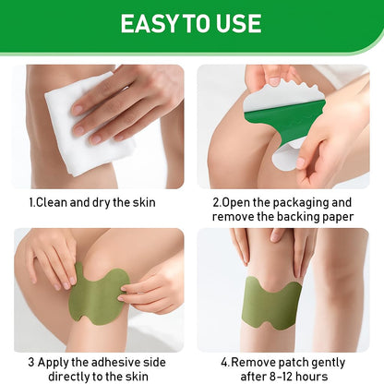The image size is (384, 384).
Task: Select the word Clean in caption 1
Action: [52, 202]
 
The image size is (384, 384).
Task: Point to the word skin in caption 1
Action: [144, 202]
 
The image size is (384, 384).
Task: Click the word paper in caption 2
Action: [338, 218]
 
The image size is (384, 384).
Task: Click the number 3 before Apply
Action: [31, 363]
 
